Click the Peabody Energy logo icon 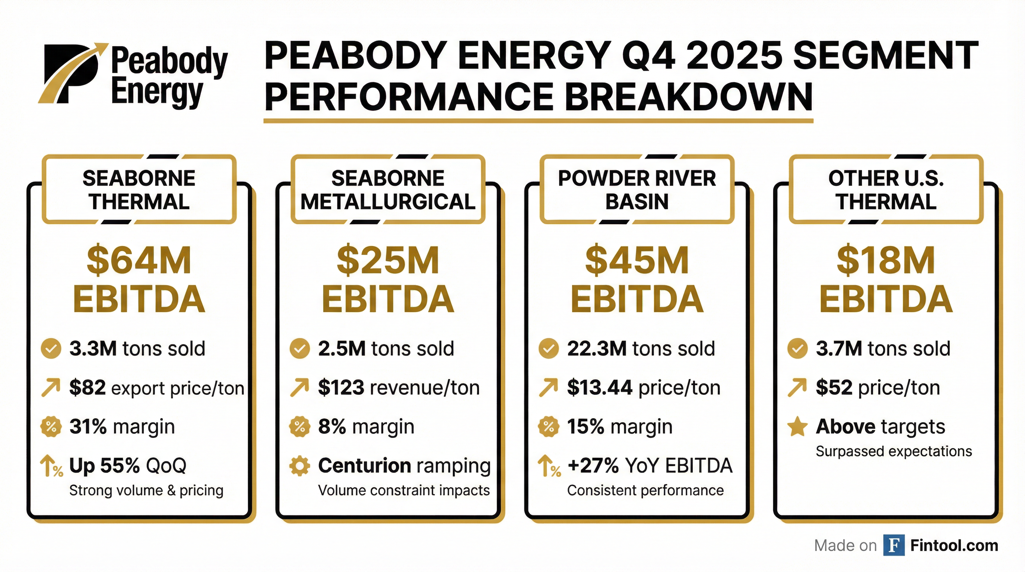click(x=72, y=74)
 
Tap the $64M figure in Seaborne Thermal click(x=139, y=261)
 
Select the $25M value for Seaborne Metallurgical click(x=388, y=261)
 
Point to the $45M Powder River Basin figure click(x=637, y=261)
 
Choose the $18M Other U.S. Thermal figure click(x=886, y=261)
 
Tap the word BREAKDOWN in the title click(x=688, y=97)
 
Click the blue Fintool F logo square click(x=894, y=545)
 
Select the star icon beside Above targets click(x=797, y=427)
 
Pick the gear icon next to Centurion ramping click(x=299, y=466)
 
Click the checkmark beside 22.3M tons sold click(x=548, y=349)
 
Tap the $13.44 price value click(x=600, y=387)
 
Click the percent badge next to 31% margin click(x=51, y=427)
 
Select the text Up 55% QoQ click(x=127, y=465)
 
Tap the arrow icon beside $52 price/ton click(x=797, y=387)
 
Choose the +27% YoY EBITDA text click(x=650, y=465)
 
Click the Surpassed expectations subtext click(x=894, y=451)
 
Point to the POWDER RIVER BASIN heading click(x=637, y=190)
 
